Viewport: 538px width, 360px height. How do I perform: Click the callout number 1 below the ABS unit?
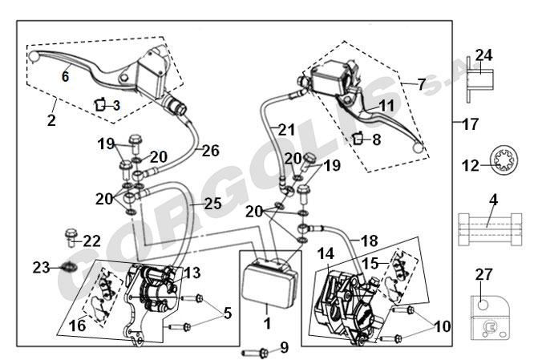pos(267,323)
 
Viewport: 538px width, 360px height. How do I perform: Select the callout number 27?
pos(483,274)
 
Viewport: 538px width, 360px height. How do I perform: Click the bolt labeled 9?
pos(256,352)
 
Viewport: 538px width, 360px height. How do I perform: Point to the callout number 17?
pos(470,124)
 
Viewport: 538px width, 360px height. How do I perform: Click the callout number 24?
pos(483,55)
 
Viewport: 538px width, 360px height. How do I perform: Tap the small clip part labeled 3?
pos(100,104)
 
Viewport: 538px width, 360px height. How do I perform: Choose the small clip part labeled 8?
pos(358,138)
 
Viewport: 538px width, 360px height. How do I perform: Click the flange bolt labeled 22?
pos(71,237)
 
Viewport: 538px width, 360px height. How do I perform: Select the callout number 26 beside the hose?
pos(211,151)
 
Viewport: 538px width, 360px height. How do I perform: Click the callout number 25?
pos(213,204)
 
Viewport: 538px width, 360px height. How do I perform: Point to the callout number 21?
pos(286,130)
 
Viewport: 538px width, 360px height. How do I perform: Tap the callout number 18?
pos(370,241)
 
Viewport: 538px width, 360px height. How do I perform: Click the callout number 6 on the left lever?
pos(65,76)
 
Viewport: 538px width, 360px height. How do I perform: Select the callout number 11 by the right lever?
pos(387,106)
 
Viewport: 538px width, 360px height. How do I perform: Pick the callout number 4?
pos(493,200)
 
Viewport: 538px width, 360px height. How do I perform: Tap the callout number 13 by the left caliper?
pos(192,273)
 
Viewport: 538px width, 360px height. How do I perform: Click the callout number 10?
pos(443,326)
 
